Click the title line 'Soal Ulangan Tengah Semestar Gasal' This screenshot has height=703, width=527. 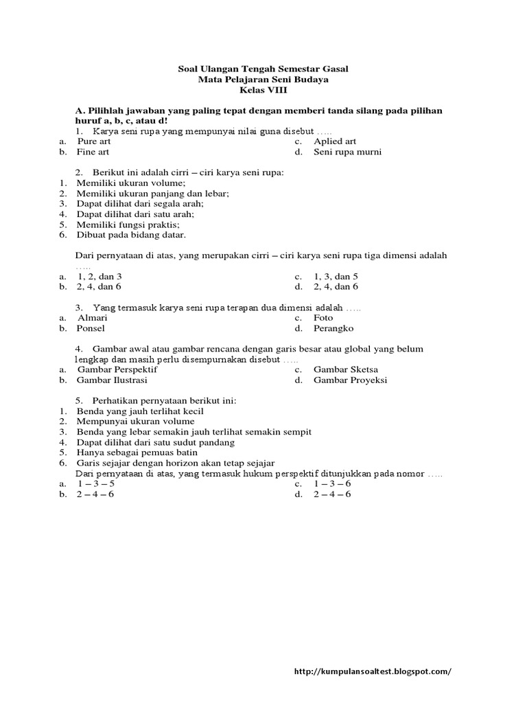point(263,69)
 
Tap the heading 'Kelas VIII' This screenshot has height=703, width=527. point(263,90)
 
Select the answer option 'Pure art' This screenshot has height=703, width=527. point(94,141)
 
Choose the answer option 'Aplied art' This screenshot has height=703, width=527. point(335,141)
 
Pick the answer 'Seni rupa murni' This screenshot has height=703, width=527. point(347,152)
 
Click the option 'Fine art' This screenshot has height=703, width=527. point(93,152)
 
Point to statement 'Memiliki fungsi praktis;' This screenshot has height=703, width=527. point(128,224)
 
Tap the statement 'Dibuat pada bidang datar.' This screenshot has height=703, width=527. point(131,234)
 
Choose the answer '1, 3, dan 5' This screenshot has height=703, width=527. point(336,276)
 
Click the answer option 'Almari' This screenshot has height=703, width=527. point(93,318)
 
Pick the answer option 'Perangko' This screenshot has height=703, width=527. point(333,328)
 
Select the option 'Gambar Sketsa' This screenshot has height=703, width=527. point(346,369)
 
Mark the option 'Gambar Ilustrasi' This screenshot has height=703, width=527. point(112,380)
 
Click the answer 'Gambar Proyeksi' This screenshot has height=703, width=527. point(350,380)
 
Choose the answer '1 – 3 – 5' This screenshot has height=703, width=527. point(95,484)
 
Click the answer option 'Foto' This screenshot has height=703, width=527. point(323,318)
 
